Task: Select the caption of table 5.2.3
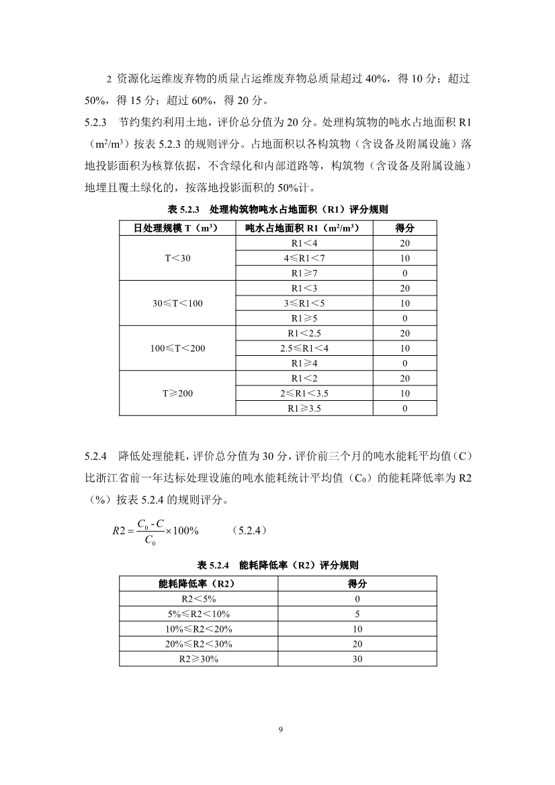point(277,210)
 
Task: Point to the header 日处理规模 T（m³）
point(177,228)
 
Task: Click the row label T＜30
point(177,259)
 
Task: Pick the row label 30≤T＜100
point(177,304)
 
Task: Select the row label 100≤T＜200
point(177,348)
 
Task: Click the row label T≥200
point(177,393)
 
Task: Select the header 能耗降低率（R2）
point(198,584)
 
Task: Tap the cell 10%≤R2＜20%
point(198,629)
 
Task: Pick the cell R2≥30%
point(198,659)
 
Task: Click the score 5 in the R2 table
point(357,614)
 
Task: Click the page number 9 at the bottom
point(278,729)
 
